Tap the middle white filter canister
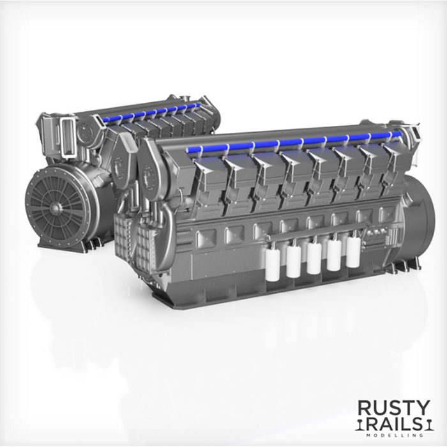tap(314, 256)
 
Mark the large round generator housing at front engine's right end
tap(418, 217)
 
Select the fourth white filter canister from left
tap(333, 254)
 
